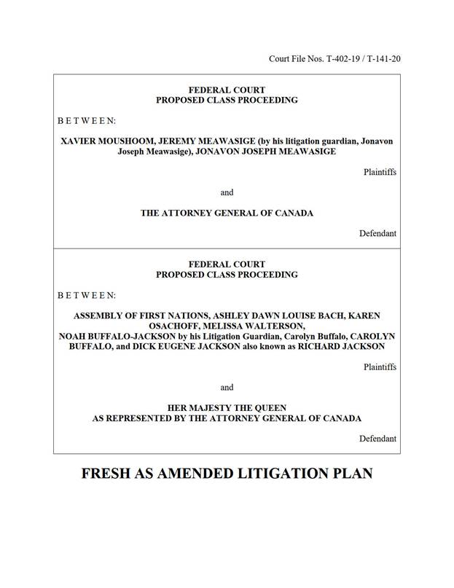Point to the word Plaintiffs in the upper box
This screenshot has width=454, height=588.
tap(380, 172)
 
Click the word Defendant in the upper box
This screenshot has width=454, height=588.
tap(377, 234)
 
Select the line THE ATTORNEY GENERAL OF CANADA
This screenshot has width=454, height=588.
tap(227, 213)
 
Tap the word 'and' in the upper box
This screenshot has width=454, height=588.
tap(227, 193)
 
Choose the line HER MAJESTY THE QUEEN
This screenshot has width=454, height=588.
tap(227, 408)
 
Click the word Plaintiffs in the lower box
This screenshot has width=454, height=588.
tap(380, 367)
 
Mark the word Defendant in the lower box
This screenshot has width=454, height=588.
tap(377, 439)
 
